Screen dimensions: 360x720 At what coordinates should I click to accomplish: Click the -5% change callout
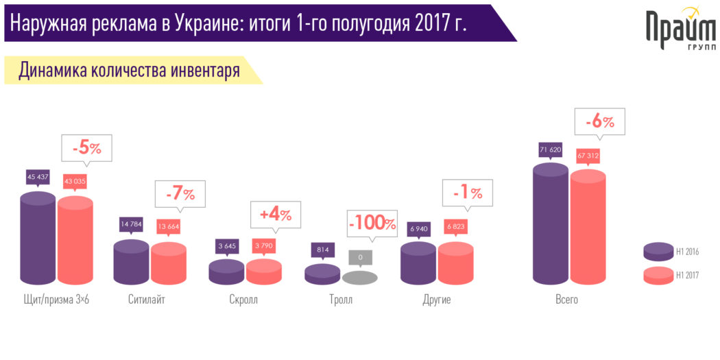[86, 148]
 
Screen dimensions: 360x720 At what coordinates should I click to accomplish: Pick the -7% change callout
[180, 194]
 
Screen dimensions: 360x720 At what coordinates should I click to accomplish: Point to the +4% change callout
[275, 214]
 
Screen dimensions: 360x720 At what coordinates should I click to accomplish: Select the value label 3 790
[265, 246]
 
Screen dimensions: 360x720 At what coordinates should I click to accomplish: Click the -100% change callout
[372, 224]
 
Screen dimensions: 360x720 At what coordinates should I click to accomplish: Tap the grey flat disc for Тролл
[359, 278]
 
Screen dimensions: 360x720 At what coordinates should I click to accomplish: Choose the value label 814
[322, 250]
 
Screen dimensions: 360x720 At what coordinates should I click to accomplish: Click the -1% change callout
[467, 193]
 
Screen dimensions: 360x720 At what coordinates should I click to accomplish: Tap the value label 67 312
[588, 156]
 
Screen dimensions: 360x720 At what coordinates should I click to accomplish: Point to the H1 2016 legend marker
[658, 252]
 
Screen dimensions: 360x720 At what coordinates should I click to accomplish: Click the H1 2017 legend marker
[658, 275]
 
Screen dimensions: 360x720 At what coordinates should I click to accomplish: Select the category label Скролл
[243, 300]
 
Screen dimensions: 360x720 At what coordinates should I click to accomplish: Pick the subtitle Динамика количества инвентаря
[129, 70]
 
